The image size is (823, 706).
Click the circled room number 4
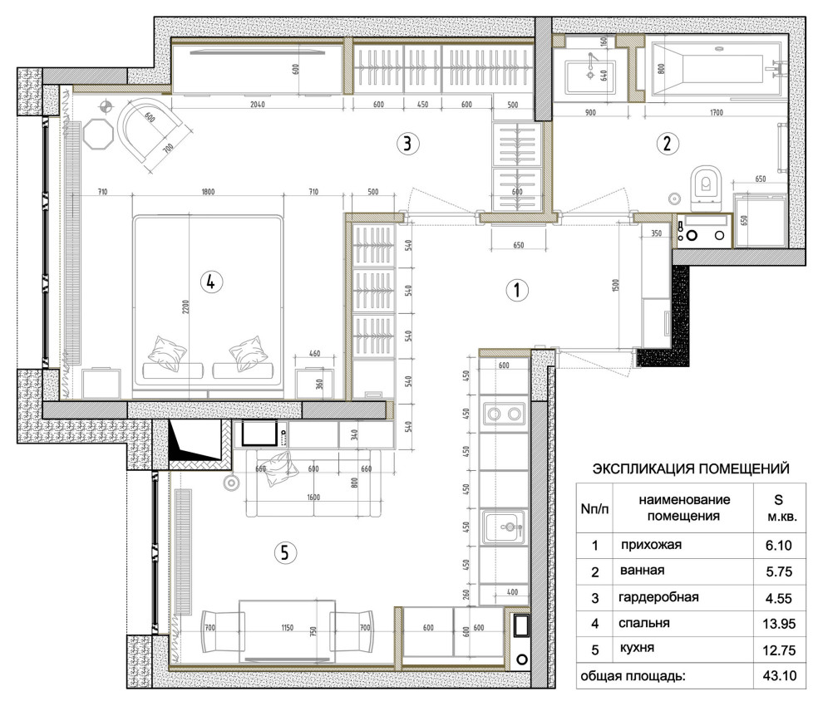pyautogui.click(x=211, y=282)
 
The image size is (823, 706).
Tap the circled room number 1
pyautogui.click(x=516, y=290)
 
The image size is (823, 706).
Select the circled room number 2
pyautogui.click(x=667, y=143)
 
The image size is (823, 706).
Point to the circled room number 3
pyautogui.click(x=408, y=143)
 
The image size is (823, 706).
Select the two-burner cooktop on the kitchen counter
pyautogui.click(x=504, y=414)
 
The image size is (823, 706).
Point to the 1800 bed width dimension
pyautogui.click(x=208, y=192)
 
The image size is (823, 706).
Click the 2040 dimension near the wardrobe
pyautogui.click(x=257, y=105)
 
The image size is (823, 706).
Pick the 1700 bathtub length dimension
pyautogui.click(x=716, y=112)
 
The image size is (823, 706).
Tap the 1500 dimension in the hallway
pyautogui.click(x=616, y=286)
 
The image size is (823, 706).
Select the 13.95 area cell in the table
pyautogui.click(x=779, y=624)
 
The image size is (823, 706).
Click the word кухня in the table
pyautogui.click(x=637, y=648)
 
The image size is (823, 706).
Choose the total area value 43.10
pyautogui.click(x=779, y=675)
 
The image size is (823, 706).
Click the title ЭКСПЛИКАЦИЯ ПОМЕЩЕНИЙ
pyautogui.click(x=691, y=468)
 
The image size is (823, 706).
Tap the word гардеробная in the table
pyautogui.click(x=658, y=597)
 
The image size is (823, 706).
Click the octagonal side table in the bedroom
pyautogui.click(x=98, y=134)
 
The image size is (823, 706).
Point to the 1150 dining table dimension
pyautogui.click(x=287, y=627)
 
